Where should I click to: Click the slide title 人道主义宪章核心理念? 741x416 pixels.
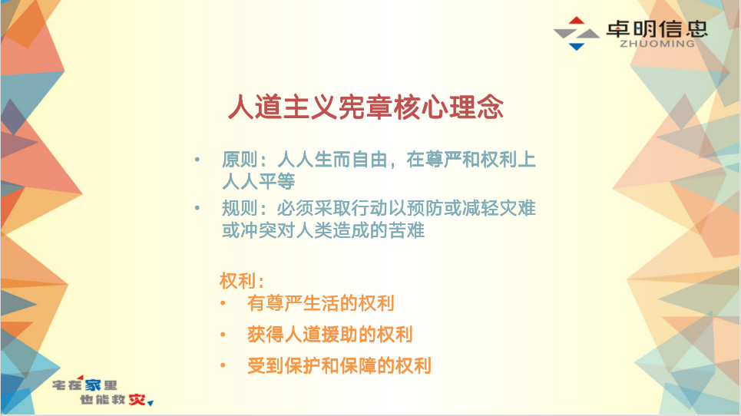[x=366, y=107]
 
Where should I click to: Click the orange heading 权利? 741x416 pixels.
[x=241, y=281]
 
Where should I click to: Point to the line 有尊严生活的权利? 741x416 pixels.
[x=321, y=303]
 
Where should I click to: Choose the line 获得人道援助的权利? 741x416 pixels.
[x=330, y=335]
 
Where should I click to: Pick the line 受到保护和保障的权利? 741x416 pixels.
[x=339, y=365]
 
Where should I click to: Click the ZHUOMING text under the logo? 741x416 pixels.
[x=657, y=44]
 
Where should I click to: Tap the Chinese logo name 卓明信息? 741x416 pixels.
[x=657, y=28]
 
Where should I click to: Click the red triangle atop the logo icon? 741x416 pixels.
[x=577, y=20]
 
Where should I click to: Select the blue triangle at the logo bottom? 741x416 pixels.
[x=577, y=46]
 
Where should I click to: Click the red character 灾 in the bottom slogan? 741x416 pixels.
[x=137, y=400]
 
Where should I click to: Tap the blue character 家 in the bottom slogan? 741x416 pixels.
[x=93, y=385]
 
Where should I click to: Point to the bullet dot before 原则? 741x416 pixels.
[x=197, y=160]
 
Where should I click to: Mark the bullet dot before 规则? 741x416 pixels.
[x=197, y=208]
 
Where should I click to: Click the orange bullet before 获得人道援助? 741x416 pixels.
[x=223, y=335]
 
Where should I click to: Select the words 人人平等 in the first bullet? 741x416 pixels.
[x=259, y=182]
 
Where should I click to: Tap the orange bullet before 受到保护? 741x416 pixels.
[x=223, y=365]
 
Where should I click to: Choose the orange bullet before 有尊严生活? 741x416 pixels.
[x=223, y=303]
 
